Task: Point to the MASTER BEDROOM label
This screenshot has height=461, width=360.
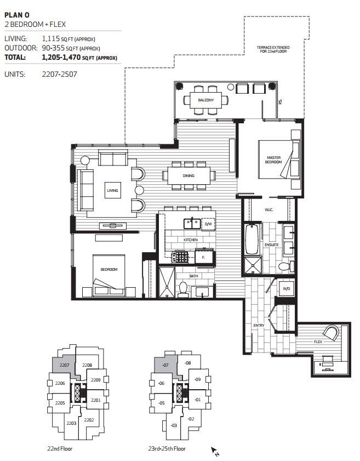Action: tap(273, 160)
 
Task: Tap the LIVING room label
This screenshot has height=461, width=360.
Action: tap(112, 190)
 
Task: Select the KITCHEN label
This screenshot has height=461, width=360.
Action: tap(190, 240)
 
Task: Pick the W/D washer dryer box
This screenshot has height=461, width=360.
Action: tap(286, 288)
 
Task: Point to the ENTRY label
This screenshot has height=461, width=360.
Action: tap(259, 326)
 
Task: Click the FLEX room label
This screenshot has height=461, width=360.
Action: tap(318, 342)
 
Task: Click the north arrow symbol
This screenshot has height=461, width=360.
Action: tap(215, 451)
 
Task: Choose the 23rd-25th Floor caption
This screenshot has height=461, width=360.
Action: tap(169, 448)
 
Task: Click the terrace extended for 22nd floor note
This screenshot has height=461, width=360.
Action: tap(273, 50)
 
